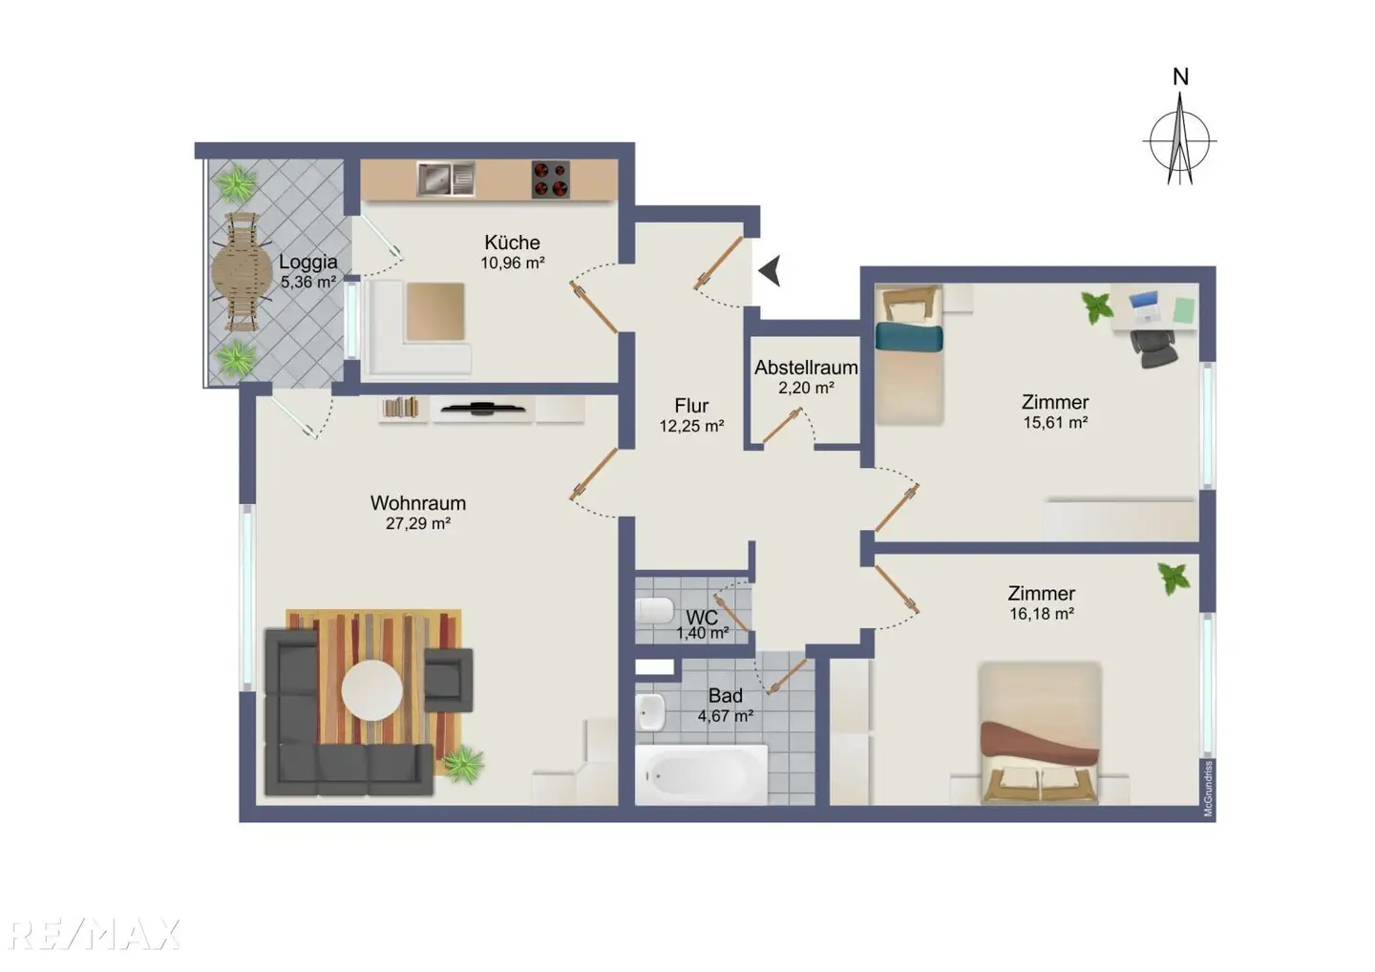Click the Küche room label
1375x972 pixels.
[x=512, y=243]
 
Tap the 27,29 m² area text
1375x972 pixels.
[x=418, y=523]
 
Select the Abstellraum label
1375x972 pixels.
[x=806, y=368]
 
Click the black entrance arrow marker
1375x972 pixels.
[x=770, y=270]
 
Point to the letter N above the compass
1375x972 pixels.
[x=1180, y=76]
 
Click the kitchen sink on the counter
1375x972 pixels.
[x=446, y=179]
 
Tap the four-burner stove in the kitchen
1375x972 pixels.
[x=551, y=180]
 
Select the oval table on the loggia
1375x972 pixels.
[x=242, y=272]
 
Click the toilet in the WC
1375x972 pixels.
[x=656, y=610]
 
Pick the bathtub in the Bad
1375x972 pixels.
[x=701, y=774]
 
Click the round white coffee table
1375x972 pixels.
[x=372, y=690]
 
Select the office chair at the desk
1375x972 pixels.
[x=1153, y=349]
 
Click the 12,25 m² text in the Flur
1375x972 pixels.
[x=691, y=426]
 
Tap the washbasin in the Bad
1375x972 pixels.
[x=650, y=712]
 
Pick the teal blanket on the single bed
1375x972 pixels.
[x=908, y=337]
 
